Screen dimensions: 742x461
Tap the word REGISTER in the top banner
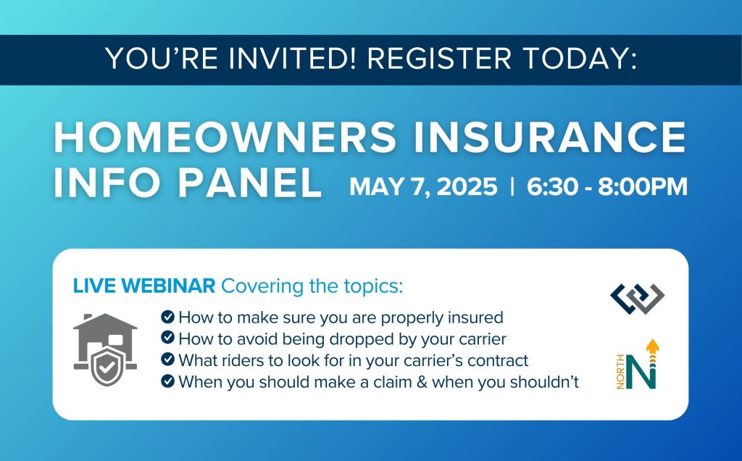coord(440,58)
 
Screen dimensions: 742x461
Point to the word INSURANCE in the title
coord(550,137)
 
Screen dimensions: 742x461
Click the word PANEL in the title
coord(250,182)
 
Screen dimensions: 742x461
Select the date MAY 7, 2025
coord(423,186)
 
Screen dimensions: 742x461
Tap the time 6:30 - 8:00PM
coord(607,186)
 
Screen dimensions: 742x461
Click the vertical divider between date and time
coord(512,186)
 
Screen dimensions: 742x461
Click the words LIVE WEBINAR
coord(144,286)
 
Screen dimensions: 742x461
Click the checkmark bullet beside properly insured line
coord(167,316)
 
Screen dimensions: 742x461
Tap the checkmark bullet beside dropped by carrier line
coord(167,338)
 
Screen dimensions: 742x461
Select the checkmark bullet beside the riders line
coord(167,360)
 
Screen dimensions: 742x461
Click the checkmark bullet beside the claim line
coord(167,381)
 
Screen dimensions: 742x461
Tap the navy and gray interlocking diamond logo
coord(638,299)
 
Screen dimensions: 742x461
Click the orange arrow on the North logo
coord(653,352)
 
